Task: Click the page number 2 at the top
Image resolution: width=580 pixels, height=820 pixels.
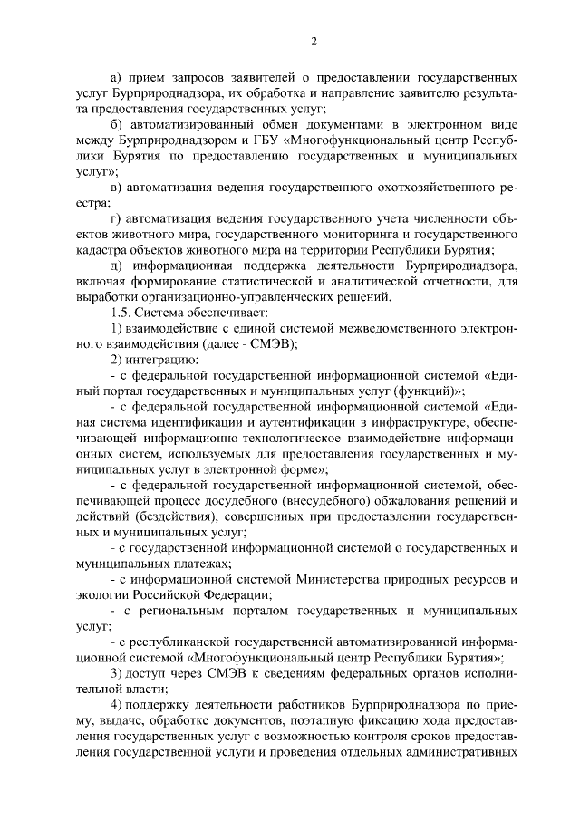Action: click(x=314, y=41)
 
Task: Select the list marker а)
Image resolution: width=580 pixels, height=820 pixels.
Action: click(x=115, y=79)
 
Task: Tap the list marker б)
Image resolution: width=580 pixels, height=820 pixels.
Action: click(x=115, y=124)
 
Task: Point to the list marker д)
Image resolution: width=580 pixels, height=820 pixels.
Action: click(x=115, y=265)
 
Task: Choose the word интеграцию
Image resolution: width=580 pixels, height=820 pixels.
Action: click(x=155, y=359)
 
